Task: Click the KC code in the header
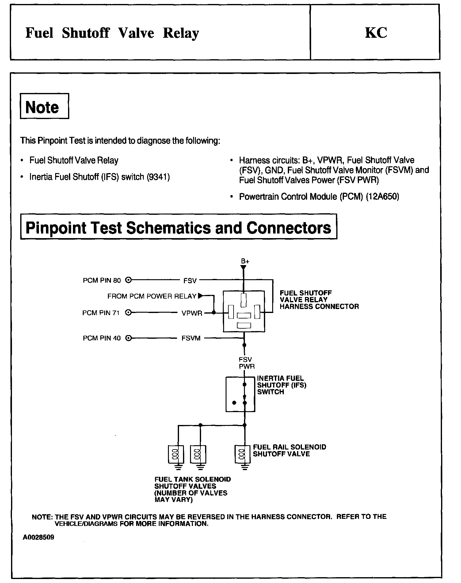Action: coord(376,33)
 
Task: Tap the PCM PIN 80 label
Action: coord(102,280)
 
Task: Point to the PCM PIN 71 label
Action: coord(101,313)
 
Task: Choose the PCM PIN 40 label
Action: coord(102,338)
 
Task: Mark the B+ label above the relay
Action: coord(245,261)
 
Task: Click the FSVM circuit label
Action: coord(191,338)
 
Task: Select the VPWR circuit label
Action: coord(192,313)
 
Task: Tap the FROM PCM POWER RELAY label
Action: coord(152,296)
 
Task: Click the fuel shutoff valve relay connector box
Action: coord(244,311)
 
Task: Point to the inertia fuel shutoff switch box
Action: coord(240,394)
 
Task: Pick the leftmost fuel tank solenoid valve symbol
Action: coord(176,454)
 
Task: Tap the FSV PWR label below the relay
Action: coord(246,363)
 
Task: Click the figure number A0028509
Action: coord(38,537)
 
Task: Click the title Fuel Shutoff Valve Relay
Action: coord(112,33)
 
